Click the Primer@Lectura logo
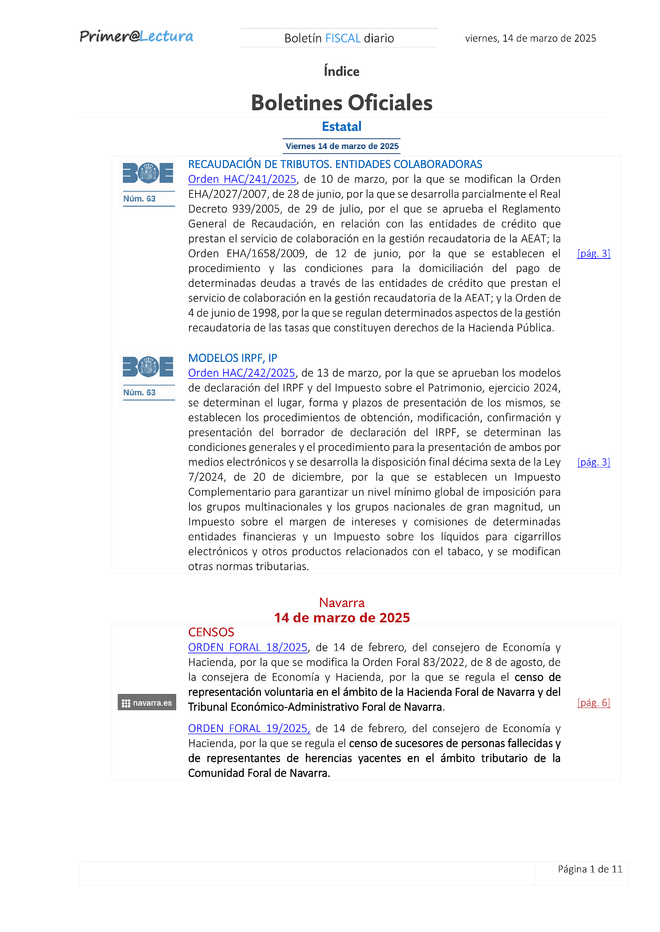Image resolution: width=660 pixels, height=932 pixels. (136, 37)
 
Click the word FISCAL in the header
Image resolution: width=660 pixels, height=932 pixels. (343, 38)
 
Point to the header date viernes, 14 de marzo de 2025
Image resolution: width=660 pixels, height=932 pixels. (530, 38)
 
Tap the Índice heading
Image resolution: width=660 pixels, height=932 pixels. (342, 71)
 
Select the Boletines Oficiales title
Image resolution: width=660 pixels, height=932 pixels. (342, 103)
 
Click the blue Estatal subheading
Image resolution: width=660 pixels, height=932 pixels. (342, 127)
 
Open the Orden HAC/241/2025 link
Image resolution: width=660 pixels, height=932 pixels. (242, 179)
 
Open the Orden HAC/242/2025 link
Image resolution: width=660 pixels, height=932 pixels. (242, 373)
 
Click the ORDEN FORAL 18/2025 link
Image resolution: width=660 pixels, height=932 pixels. (247, 647)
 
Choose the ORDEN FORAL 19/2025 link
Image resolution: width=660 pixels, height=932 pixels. (249, 728)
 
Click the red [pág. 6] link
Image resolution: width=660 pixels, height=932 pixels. (593, 703)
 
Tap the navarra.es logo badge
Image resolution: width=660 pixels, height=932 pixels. (147, 703)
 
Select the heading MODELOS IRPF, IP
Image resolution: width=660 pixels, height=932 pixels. (233, 358)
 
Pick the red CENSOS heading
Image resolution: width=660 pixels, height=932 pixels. (211, 632)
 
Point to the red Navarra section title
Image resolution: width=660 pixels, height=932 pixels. (342, 602)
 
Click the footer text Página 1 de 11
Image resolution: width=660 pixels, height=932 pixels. (590, 869)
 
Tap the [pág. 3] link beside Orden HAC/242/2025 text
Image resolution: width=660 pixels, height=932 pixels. (593, 462)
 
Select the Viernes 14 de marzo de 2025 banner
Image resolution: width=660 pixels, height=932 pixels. (342, 146)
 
